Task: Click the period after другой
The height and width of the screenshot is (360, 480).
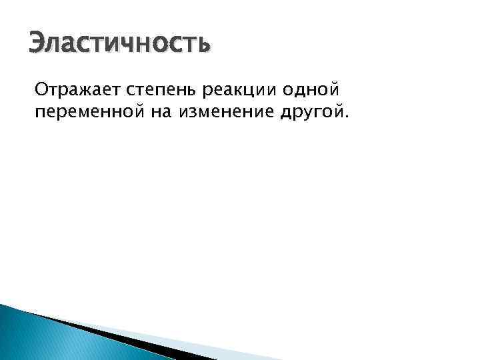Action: click(345, 118)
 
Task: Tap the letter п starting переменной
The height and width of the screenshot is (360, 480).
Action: click(39, 114)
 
